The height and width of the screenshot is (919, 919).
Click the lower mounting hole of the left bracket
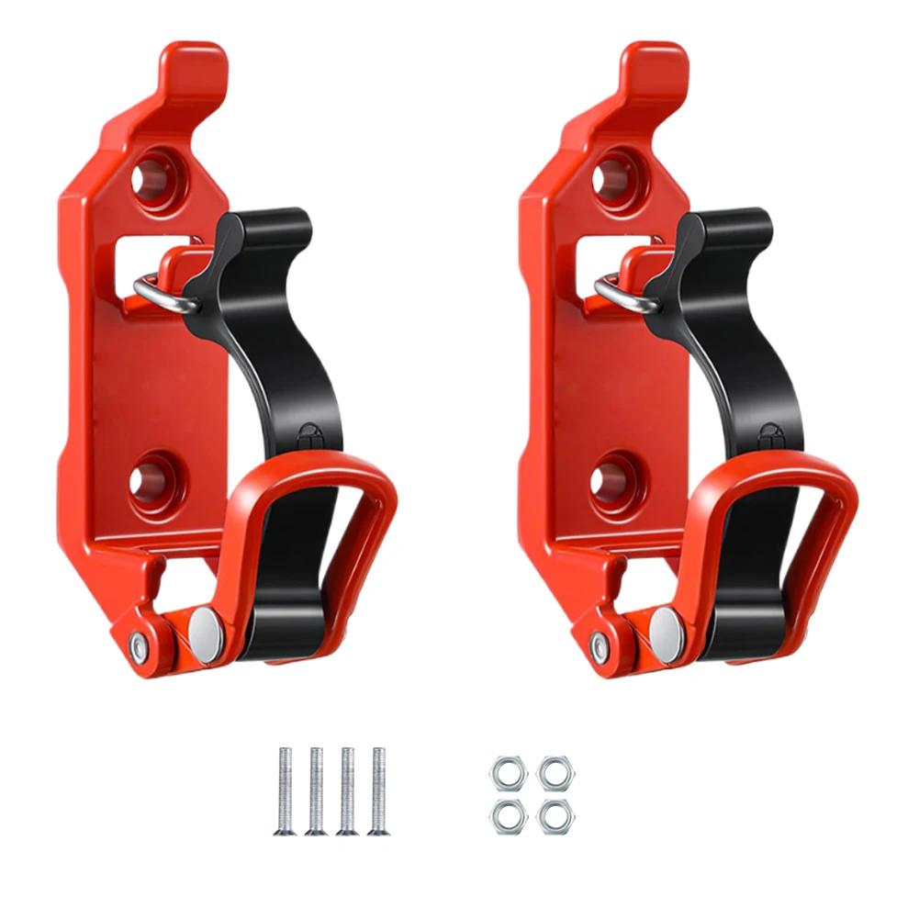point(151,478)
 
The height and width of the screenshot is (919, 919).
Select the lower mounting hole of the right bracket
point(611,478)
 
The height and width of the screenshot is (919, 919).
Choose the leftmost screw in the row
point(285,790)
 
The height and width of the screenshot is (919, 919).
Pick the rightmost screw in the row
point(376,790)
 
